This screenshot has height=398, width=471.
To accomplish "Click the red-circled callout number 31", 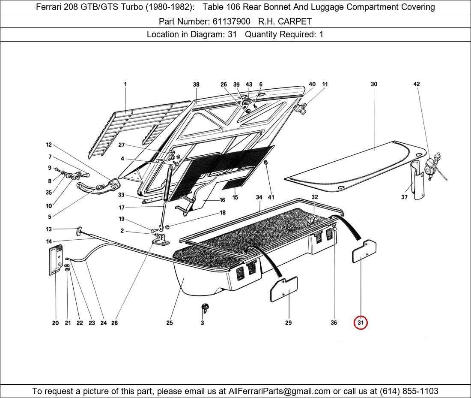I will pos(361,323).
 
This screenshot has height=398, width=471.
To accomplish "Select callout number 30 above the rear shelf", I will pos(374,84).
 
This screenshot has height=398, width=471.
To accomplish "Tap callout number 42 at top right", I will pos(416,84).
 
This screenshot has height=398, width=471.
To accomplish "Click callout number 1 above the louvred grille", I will pos(125,84).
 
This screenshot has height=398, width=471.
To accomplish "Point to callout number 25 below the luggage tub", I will pos(170,323).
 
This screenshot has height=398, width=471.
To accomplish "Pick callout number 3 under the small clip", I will pos(203,323).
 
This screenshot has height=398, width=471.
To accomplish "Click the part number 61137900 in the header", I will pos(231,21).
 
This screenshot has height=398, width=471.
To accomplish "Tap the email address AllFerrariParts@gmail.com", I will pos(280,391).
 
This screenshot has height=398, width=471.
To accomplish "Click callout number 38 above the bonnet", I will pos(196,84).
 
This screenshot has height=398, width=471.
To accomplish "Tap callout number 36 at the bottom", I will pos(334,323).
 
